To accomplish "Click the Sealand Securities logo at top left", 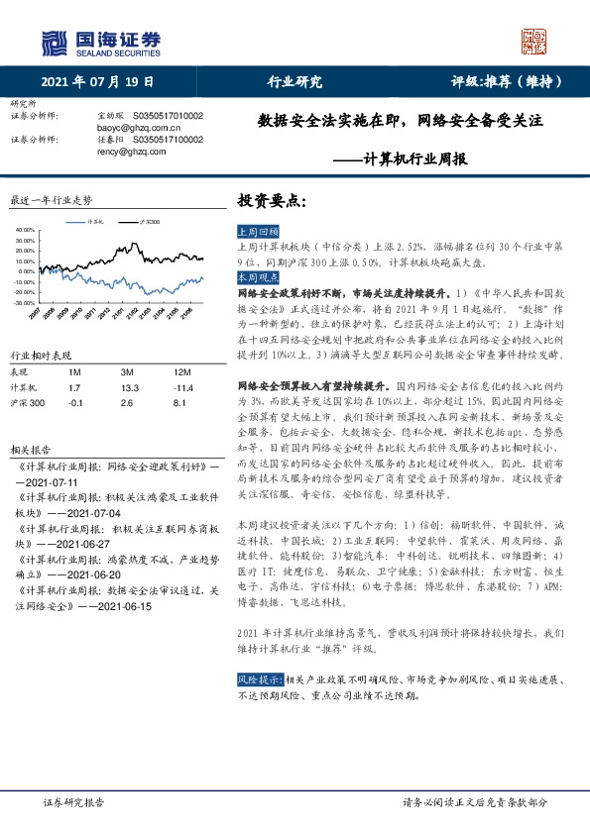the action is pyautogui.click(x=100, y=41).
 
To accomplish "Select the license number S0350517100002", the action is pyautogui.click(x=168, y=140).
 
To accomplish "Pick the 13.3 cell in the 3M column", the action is pyautogui.click(x=128, y=388).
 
